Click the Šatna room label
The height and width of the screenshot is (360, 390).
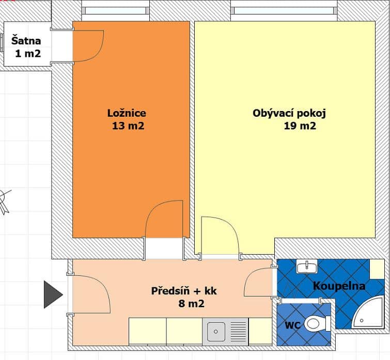[x=26, y=40]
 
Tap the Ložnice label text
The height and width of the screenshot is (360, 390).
[x=127, y=113]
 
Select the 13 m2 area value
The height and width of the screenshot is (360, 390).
[x=128, y=126]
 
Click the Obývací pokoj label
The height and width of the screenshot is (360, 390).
[x=289, y=113]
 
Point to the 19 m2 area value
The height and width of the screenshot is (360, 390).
[x=300, y=126]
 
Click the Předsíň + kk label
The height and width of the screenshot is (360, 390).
[x=184, y=291]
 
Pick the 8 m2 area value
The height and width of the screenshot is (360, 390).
[x=191, y=304]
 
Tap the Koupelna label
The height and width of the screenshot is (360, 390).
[x=339, y=286]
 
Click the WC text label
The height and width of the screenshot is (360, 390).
[x=293, y=325]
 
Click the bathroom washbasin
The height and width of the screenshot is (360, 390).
[x=307, y=267]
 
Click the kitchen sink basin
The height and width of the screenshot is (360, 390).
[x=216, y=332]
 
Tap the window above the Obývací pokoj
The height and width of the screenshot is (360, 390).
[x=284, y=10]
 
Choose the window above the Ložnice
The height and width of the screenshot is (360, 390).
[x=115, y=10]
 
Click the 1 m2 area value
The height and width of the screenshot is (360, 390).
[x=28, y=53]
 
